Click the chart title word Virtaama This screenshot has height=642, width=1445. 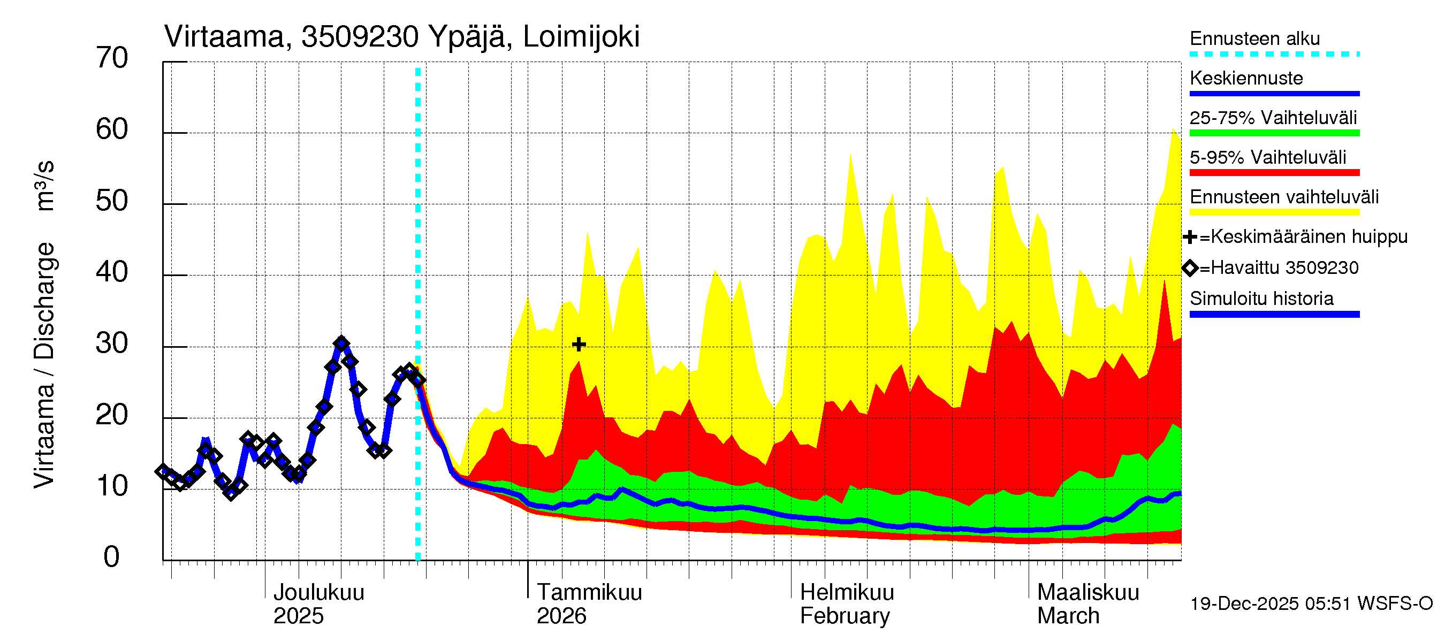point(224,37)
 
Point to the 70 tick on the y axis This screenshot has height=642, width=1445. point(112,58)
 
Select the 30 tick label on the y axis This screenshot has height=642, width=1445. point(112,343)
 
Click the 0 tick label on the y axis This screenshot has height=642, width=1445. point(112,557)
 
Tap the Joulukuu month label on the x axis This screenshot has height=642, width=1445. point(318,592)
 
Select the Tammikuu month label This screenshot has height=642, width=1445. point(589,592)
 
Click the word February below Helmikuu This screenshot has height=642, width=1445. point(844,616)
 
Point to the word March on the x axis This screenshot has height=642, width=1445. point(1068,616)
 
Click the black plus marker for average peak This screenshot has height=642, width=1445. point(579,343)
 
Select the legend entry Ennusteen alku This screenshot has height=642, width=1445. point(1254,39)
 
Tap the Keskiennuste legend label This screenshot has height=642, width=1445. point(1246,78)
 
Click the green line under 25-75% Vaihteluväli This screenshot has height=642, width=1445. point(1274,133)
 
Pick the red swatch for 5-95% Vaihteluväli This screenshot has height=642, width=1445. point(1274,173)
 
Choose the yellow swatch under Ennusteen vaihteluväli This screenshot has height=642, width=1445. point(1274,212)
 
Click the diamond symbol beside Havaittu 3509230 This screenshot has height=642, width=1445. point(1190,268)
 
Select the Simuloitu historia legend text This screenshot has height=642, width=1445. point(1261,299)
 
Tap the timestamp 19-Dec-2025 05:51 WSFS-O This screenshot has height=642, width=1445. point(1311,603)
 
